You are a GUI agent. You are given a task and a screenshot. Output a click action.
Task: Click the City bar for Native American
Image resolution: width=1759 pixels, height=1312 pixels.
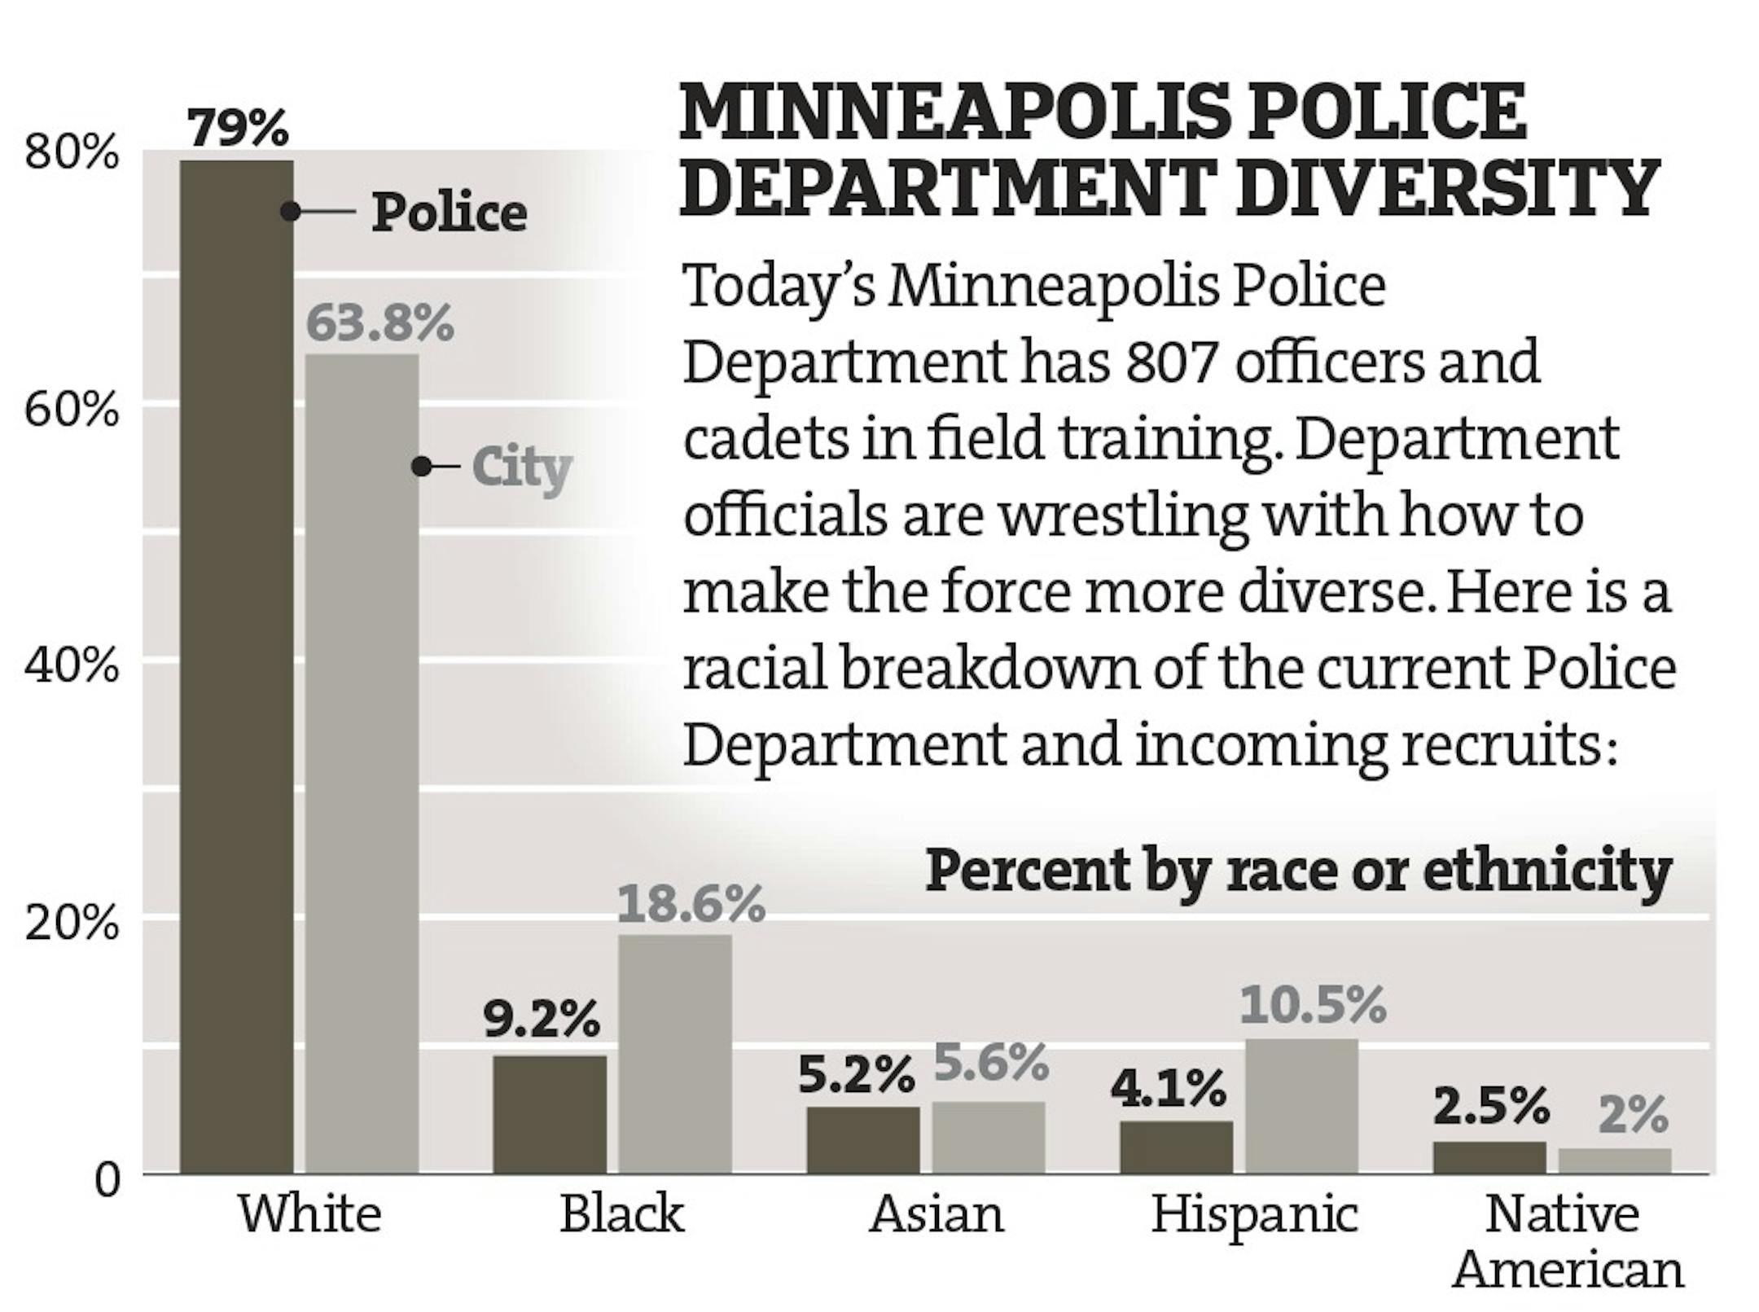coord(1614,1161)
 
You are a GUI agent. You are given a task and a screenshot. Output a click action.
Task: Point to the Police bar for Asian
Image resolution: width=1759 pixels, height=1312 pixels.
coord(863,1139)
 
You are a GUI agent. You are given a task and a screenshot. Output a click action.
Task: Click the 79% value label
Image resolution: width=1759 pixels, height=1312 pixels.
coord(238,128)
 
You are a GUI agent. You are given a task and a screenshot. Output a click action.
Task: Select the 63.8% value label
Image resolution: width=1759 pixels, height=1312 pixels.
coord(379,323)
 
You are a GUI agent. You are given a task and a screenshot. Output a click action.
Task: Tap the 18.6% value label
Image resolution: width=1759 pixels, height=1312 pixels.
coord(691,904)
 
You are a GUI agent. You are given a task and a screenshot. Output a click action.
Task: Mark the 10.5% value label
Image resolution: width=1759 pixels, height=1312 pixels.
coord(1313,1005)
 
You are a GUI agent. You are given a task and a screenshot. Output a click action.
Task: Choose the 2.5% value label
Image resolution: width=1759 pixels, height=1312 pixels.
coord(1490,1106)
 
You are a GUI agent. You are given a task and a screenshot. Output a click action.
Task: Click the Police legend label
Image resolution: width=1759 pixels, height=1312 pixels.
coord(450,213)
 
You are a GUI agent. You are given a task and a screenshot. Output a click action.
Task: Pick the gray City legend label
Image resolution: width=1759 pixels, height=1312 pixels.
coord(522,468)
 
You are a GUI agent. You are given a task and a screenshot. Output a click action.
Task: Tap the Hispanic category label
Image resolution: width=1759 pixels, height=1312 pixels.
coord(1254,1214)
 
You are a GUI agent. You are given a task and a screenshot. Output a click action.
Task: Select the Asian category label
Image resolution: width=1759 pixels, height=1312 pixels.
coord(937,1214)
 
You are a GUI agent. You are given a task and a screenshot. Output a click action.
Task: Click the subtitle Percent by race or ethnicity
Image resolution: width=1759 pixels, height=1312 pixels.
coord(1298,871)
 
